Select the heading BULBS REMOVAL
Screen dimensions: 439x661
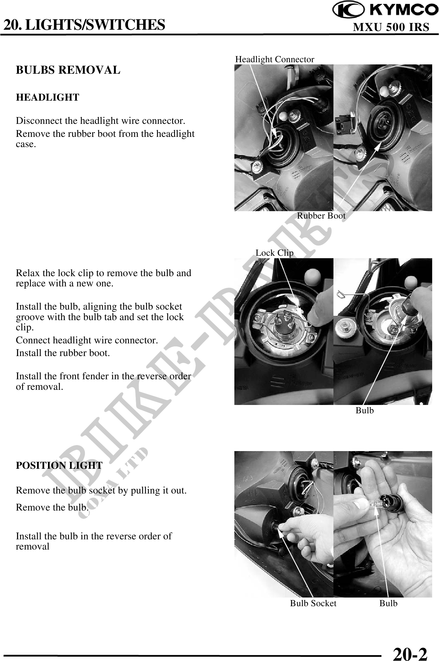pyautogui.click(x=68, y=70)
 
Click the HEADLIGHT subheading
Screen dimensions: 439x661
pyautogui.click(x=47, y=98)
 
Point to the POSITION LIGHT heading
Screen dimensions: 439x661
pyautogui.click(x=59, y=465)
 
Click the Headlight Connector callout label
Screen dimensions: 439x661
pyautogui.click(x=275, y=59)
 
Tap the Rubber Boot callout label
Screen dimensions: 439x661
pyautogui.click(x=321, y=216)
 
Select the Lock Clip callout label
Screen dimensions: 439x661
pyautogui.click(x=275, y=253)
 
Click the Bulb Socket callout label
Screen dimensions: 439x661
pyautogui.click(x=313, y=603)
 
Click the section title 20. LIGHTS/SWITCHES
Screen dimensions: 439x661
pyautogui.click(x=84, y=25)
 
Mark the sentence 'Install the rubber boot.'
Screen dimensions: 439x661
pyautogui.click(x=63, y=353)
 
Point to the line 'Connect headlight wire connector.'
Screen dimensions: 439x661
pyautogui.click(x=87, y=340)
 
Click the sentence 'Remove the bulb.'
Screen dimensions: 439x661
pyautogui.click(x=52, y=507)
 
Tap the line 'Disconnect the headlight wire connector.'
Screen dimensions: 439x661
pyautogui.click(x=101, y=121)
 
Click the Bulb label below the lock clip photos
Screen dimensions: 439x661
pyautogui.click(x=365, y=411)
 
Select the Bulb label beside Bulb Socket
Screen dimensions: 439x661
pyautogui.click(x=389, y=603)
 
